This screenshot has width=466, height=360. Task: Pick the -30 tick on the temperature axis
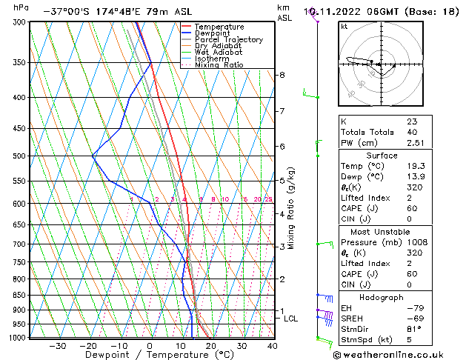pyautogui.click(x=57, y=346)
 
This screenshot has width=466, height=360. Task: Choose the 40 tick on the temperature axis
pyautogui.click(x=273, y=346)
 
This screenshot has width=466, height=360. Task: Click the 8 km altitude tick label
pyautogui.click(x=282, y=75)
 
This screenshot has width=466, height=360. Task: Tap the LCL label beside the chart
pyautogui.click(x=291, y=319)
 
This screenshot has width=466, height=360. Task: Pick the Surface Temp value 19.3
pyautogui.click(x=416, y=167)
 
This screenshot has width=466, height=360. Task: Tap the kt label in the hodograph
pyautogui.click(x=344, y=26)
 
